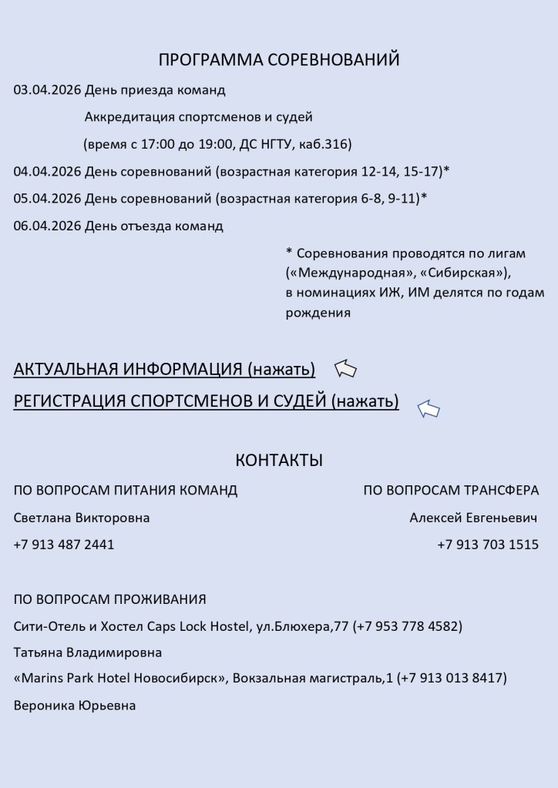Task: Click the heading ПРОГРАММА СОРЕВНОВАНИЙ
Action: point(279,60)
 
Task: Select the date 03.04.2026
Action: point(47,90)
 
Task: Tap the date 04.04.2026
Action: point(47,171)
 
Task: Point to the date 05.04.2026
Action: point(47,199)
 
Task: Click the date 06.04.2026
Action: point(47,226)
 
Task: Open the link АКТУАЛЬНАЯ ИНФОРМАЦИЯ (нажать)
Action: point(164,370)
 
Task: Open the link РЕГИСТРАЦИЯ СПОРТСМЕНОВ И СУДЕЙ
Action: point(206,401)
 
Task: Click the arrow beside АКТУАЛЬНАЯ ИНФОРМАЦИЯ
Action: point(345,370)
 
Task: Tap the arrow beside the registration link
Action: point(429,409)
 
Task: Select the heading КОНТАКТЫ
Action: point(279,461)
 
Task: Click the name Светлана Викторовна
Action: point(82,518)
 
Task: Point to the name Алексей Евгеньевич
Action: point(473,518)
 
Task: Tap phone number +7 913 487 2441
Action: point(64,545)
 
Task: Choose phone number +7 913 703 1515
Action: point(488,545)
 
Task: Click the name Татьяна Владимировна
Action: point(88,652)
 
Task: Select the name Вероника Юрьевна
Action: point(75,705)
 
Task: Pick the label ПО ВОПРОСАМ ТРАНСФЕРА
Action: point(451,491)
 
